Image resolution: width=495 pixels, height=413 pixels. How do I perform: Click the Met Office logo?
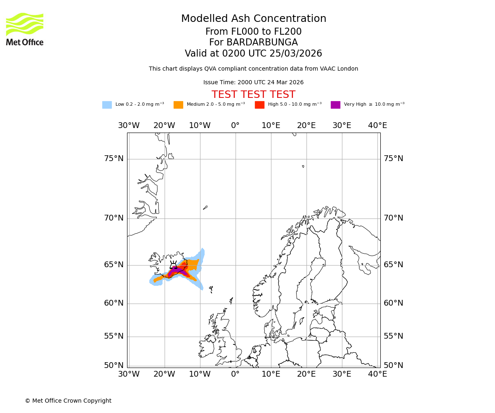click(25, 29)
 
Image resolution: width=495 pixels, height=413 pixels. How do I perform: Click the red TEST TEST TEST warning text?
click(253, 95)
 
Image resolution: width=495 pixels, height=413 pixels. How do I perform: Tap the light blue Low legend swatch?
click(107, 105)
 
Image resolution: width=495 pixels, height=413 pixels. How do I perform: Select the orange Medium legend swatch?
click(178, 105)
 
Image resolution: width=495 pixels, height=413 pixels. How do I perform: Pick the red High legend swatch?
click(259, 105)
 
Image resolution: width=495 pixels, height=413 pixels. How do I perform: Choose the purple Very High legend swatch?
click(335, 105)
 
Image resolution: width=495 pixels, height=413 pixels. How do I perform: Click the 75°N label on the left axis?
click(113, 159)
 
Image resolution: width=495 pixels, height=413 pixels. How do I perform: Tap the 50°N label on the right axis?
click(393, 366)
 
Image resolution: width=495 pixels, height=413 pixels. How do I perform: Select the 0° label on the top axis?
click(235, 126)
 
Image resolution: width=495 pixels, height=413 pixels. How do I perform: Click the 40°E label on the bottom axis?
click(377, 374)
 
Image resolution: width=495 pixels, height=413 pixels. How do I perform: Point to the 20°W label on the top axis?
click(164, 126)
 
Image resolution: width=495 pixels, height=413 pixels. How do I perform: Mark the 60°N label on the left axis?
click(113, 303)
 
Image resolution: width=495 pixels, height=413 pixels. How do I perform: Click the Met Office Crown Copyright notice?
click(68, 401)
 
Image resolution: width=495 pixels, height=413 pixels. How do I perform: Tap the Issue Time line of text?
click(253, 83)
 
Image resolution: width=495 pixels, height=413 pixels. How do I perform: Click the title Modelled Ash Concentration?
click(253, 19)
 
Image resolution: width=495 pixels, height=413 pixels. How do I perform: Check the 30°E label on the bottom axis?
click(342, 374)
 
